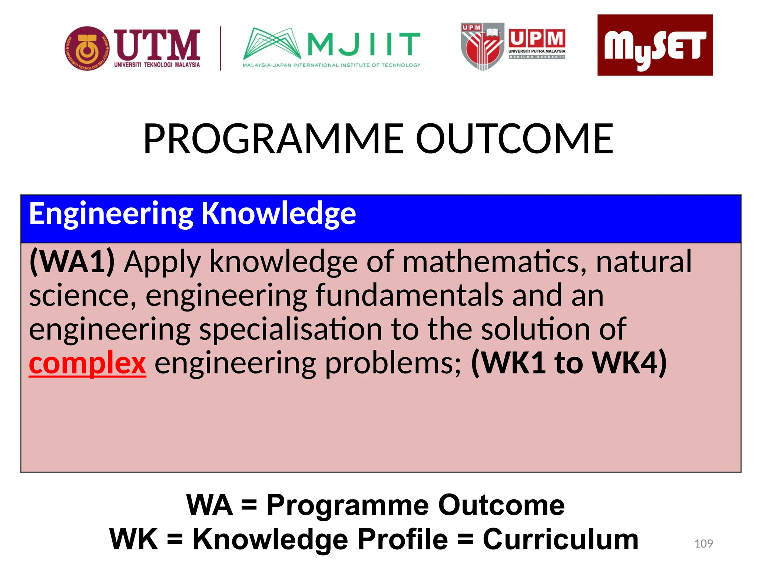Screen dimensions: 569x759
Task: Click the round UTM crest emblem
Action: tap(87, 49)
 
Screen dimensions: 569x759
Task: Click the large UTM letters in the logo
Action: tap(157, 45)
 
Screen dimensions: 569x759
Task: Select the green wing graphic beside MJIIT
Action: tap(272, 44)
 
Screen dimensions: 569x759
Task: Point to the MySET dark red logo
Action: tap(654, 45)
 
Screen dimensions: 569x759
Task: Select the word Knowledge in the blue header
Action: tap(278, 214)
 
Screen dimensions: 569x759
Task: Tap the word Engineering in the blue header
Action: tap(111, 214)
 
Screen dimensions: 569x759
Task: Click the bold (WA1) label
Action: tap(72, 262)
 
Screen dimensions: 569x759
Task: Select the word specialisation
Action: tap(291, 329)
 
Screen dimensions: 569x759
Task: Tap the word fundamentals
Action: tap(409, 296)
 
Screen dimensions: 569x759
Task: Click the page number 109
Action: tap(703, 543)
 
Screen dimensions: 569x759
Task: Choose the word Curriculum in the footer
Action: tap(560, 539)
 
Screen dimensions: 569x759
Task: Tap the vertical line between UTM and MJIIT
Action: tap(221, 49)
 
